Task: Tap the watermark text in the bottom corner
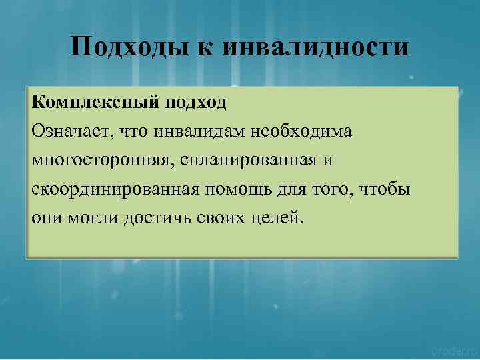point(453,349)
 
